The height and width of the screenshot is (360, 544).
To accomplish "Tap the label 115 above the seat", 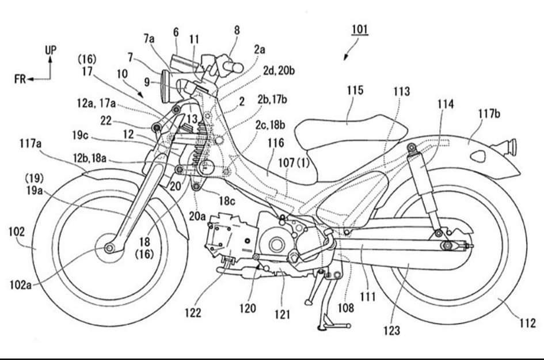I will click(355, 90).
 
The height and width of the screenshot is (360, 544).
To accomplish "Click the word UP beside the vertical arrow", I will click(51, 50).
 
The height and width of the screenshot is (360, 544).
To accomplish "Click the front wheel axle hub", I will click(108, 248).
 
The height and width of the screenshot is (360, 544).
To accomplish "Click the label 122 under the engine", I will click(193, 312).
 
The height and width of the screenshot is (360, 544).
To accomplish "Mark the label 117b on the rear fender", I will click(488, 113).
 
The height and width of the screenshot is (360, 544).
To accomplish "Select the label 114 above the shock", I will click(445, 105).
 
